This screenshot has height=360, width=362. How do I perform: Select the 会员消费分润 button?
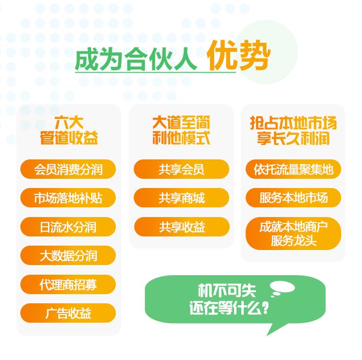pos(68,169)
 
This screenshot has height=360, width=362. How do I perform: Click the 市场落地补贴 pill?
pos(68,198)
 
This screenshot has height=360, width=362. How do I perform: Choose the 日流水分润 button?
pos(68,227)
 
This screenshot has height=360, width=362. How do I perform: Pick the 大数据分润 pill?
pos(68,255)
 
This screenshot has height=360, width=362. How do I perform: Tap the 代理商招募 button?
pos(68,284)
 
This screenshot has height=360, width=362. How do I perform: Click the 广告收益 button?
pos(68,313)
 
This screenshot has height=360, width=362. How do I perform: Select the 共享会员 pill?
pos(182,169)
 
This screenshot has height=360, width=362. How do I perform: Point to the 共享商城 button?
pos(182,198)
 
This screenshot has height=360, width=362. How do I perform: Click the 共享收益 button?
pos(182,227)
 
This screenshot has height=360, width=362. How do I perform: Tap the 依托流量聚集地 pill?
pos(294,169)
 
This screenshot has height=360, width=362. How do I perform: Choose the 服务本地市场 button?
pos(294,198)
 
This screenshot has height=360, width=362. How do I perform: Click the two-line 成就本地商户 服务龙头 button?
pos(294,234)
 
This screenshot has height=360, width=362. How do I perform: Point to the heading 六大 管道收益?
pos(68,130)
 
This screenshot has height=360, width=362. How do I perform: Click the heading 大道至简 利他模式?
pos(181,130)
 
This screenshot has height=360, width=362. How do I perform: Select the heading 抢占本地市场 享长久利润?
pos(294,130)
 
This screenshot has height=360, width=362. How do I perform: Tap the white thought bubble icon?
pos(282,288)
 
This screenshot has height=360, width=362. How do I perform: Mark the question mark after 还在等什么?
pos(265,309)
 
